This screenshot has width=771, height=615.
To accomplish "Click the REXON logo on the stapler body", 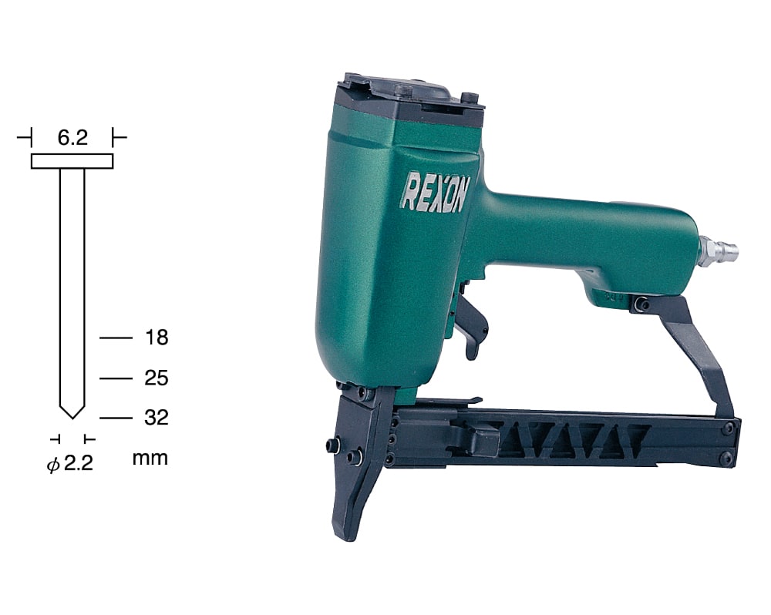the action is (435, 192).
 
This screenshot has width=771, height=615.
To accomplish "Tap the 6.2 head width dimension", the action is (72, 138).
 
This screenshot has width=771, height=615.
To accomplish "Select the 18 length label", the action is (157, 338).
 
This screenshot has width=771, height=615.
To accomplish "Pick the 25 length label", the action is (157, 378).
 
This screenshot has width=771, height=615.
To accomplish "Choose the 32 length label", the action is (157, 418).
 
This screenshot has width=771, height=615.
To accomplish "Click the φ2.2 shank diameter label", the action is (70, 464).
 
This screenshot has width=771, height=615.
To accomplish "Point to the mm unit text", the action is (150, 459).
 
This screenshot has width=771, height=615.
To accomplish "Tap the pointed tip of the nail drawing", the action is (72, 418).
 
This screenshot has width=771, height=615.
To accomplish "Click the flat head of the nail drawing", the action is (72, 161).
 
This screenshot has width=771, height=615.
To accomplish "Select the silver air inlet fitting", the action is (719, 250).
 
